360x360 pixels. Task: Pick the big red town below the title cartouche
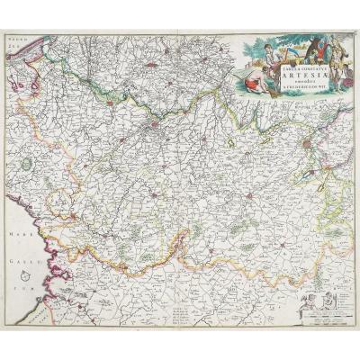pos(309,140)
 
